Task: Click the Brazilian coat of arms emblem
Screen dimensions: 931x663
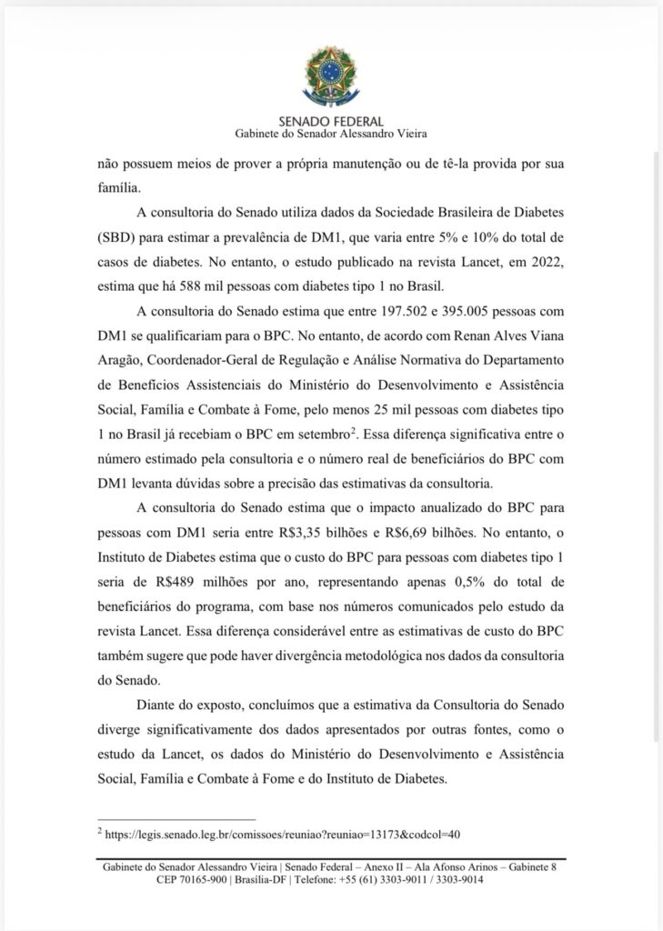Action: coord(331,77)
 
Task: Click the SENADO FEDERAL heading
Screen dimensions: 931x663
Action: coord(331,121)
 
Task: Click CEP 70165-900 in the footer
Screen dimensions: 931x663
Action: coord(192,880)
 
